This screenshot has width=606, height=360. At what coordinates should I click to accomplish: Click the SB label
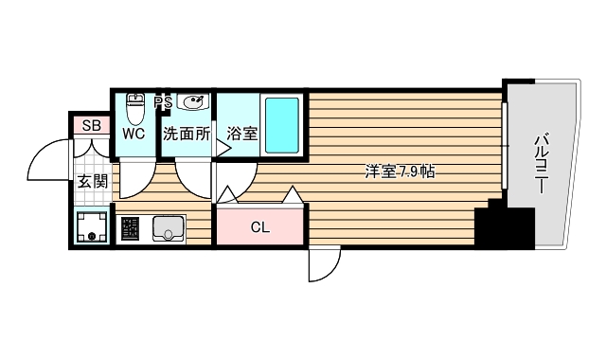(x=92, y=126)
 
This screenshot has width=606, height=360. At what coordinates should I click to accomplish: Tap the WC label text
(x=134, y=134)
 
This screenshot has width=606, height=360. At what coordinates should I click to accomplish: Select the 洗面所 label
(x=187, y=134)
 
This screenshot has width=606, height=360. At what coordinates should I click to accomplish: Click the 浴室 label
(x=242, y=134)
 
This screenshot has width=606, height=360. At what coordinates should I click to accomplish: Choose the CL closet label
(x=260, y=226)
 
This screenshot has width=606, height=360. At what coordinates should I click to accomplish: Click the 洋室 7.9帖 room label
(x=401, y=172)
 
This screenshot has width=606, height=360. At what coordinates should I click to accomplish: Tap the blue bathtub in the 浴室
(x=281, y=124)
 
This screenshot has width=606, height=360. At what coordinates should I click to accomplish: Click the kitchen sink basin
(x=169, y=228)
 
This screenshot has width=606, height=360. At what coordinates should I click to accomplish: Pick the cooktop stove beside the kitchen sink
(x=131, y=228)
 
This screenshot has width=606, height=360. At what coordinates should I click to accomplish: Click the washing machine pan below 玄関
(x=92, y=228)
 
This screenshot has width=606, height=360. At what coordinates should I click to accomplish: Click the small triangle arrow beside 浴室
(x=223, y=147)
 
